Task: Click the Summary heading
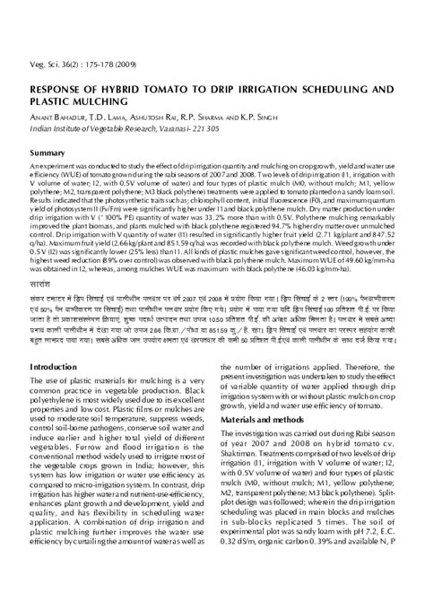point(48,153)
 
